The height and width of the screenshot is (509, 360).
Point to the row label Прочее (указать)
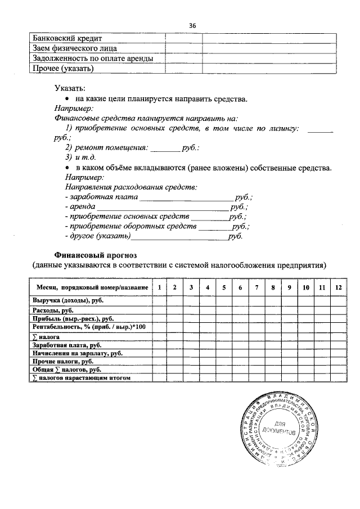point(63,69)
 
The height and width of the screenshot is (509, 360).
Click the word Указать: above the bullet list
point(70,88)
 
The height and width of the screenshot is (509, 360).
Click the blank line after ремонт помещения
point(164,148)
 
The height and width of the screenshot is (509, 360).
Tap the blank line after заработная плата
point(186,198)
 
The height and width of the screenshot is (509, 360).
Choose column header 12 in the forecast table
point(338,288)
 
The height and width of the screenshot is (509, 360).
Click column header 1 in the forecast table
point(159,288)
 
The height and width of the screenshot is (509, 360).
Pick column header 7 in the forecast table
point(256,288)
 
